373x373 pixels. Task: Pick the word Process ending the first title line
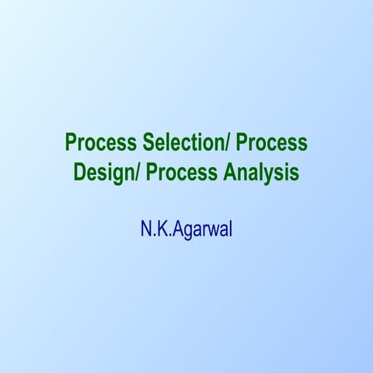271,144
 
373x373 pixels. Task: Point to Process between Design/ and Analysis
183,172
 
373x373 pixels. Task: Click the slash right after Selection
226,144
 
